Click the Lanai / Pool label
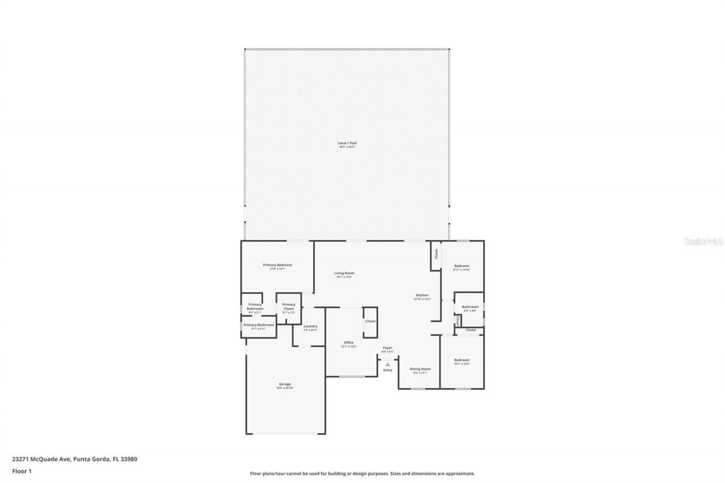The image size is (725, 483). coord(347,143)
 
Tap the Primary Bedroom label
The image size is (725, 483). coord(277,265)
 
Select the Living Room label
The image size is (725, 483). coord(344,273)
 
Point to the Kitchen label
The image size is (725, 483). coord(422,296)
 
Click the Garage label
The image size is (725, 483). coord(284,384)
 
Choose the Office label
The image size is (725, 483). coord(348,343)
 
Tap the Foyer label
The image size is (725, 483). coord(387,348)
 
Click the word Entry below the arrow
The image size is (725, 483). coord(387,370)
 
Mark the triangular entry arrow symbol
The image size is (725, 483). coord(387,364)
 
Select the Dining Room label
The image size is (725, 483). coord(420,369)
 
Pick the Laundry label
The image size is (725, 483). coord(310,326)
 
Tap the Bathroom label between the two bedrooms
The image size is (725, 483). coord(470,307)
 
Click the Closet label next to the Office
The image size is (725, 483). coord(370,321)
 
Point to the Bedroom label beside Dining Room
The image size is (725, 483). coord(462,360)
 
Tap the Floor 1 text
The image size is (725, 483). coord(22,471)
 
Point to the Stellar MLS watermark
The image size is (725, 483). coord(703,241)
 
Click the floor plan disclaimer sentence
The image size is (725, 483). coord(362,473)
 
